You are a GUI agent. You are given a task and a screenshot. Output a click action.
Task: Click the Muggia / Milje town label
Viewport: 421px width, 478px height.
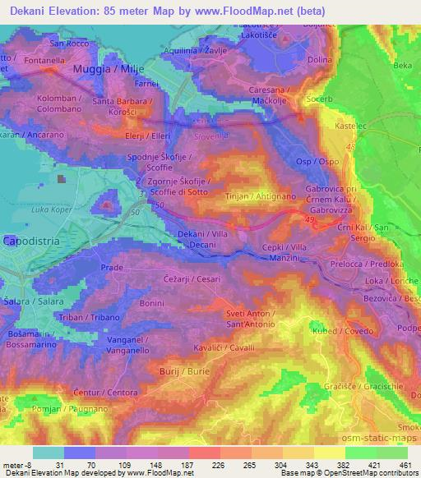click(x=106, y=69)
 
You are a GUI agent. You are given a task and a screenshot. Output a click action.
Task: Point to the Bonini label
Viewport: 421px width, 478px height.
click(x=152, y=303)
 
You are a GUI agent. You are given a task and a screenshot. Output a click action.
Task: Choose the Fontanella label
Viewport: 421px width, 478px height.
click(x=44, y=61)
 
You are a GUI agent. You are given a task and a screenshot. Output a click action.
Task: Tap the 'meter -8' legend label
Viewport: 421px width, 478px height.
click(x=17, y=464)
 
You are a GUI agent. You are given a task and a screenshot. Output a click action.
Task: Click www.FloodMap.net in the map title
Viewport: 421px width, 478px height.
click(x=257, y=11)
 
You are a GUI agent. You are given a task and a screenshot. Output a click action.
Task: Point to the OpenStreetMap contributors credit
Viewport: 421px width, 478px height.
click(x=375, y=473)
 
